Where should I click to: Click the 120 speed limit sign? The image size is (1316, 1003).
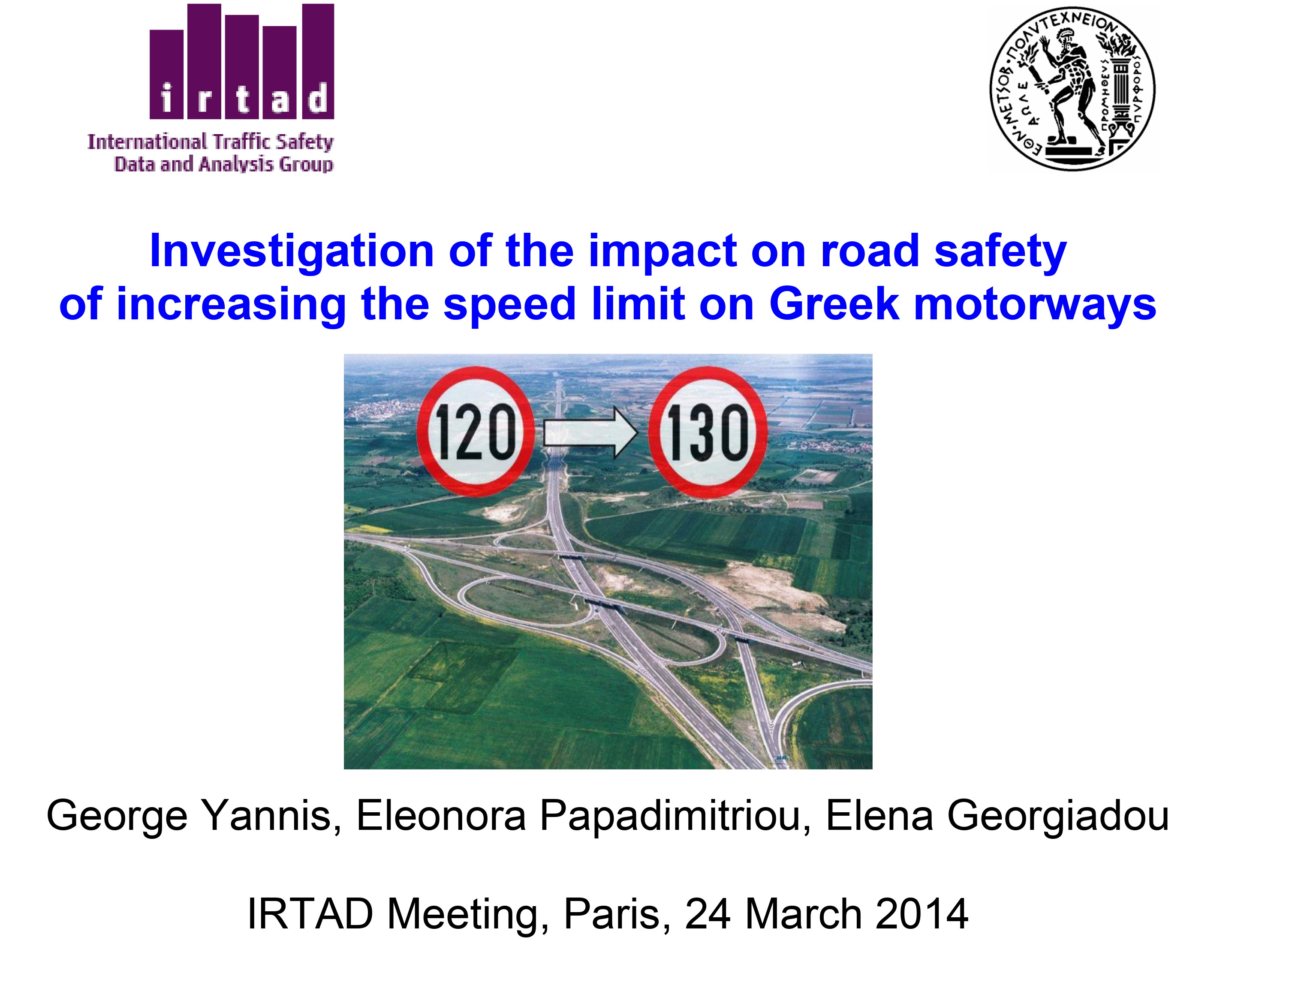475,431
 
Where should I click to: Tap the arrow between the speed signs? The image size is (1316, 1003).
590,432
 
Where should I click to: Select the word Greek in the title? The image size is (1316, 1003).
834,304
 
